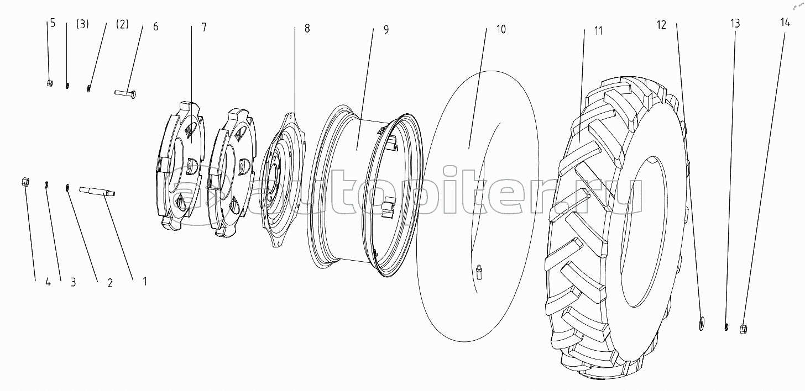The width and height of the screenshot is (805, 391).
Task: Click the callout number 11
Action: tap(598, 30)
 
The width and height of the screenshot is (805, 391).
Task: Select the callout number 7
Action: tap(204, 28)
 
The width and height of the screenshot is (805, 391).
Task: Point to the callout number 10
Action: tap(500, 30)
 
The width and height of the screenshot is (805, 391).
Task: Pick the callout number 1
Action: tap(144, 281)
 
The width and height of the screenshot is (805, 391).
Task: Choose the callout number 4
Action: tap(48, 282)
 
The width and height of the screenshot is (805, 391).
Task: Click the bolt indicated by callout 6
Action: tap(126, 93)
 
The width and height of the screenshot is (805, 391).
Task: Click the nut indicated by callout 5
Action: tap(49, 83)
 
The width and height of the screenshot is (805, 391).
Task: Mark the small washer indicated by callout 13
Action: tap(726, 327)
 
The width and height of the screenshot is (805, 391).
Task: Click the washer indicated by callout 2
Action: tap(67, 188)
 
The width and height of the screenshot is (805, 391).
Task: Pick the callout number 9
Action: tap(386, 30)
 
